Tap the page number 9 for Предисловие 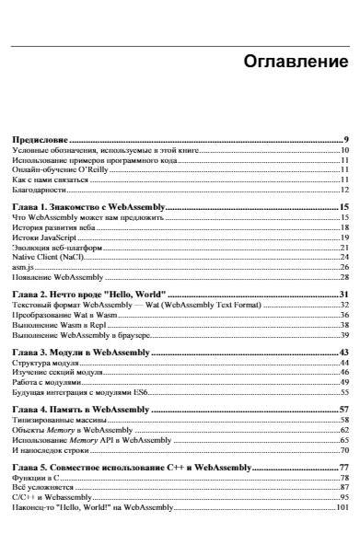pyautogui.click(x=345, y=138)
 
